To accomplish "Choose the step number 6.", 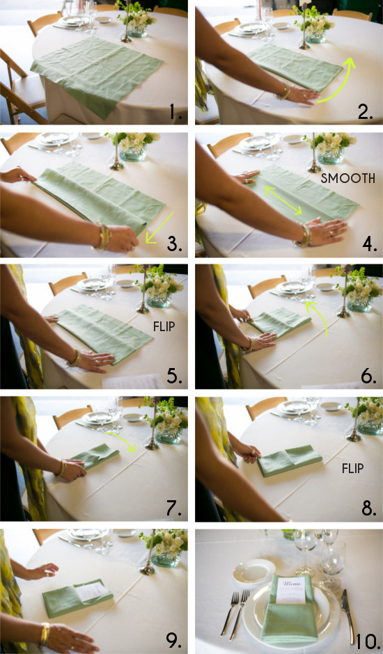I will [x=365, y=376].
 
